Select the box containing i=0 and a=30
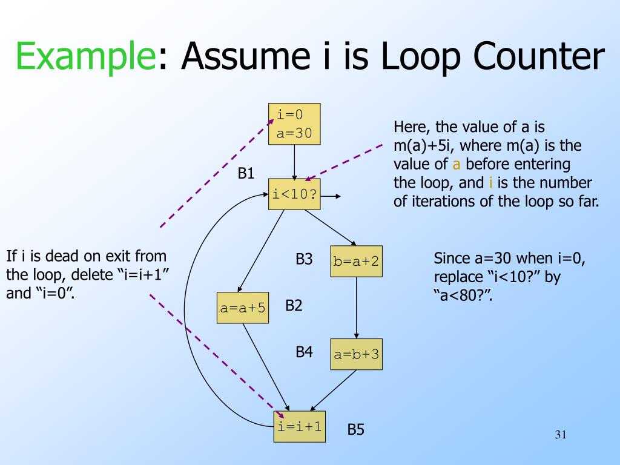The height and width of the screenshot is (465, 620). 294,124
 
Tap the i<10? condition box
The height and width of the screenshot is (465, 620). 295,195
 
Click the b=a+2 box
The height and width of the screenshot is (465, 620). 356,261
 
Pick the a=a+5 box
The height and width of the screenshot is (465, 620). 243,308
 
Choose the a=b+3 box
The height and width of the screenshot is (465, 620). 356,354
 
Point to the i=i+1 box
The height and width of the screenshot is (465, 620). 299,426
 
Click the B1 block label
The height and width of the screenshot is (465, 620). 246,174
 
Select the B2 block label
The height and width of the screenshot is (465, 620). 294,306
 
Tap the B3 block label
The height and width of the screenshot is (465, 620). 304,260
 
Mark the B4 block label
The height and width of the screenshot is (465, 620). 304,351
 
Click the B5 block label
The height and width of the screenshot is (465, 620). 355,430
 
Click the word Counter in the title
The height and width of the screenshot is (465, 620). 539,57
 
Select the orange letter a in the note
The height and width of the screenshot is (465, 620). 457,164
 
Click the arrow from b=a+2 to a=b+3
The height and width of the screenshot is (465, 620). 356,308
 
